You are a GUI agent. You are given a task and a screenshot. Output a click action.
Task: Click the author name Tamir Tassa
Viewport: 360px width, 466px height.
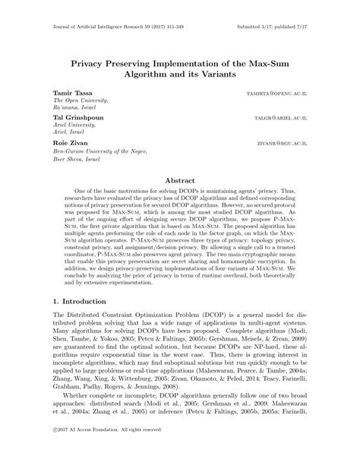[x=74, y=92]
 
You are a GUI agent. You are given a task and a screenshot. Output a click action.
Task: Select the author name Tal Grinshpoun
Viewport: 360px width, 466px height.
[x=78, y=120]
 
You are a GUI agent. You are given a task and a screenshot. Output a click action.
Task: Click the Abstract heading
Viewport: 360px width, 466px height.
[x=180, y=181]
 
